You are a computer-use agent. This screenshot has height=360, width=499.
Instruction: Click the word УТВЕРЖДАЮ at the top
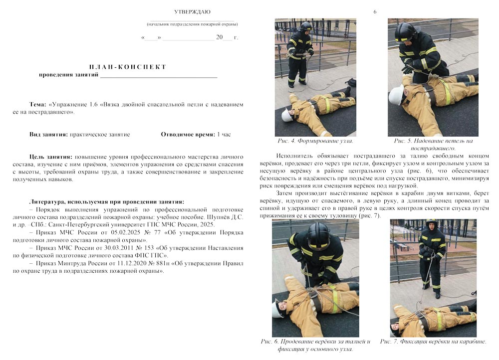(x=192, y=11)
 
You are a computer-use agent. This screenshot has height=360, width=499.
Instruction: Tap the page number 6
(x=375, y=11)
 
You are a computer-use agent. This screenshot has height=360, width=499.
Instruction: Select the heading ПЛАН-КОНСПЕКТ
(x=128, y=67)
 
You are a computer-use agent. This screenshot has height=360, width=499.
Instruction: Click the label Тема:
(x=37, y=105)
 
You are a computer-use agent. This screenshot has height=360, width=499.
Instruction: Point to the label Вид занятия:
(x=48, y=135)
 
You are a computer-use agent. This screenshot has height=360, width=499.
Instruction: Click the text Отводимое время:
(x=188, y=135)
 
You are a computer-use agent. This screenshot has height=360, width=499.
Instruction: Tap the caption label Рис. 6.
(x=269, y=342)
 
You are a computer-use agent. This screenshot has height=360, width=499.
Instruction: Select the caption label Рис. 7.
(x=389, y=342)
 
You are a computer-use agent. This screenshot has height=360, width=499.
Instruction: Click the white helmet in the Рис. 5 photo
(x=397, y=95)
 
